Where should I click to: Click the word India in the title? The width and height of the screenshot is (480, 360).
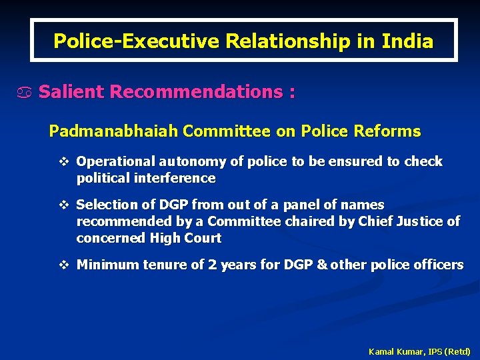point(407,41)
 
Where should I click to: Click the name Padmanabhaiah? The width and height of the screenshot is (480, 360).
point(113,131)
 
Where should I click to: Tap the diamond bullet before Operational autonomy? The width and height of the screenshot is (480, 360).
point(65,161)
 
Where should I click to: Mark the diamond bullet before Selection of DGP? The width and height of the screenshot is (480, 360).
point(65,205)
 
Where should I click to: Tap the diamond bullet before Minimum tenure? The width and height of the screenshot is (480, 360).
point(65,265)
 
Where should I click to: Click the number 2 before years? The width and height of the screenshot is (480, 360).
point(212,265)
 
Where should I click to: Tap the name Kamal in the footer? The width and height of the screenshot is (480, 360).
point(381,351)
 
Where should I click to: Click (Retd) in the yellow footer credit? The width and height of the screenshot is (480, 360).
point(457,351)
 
